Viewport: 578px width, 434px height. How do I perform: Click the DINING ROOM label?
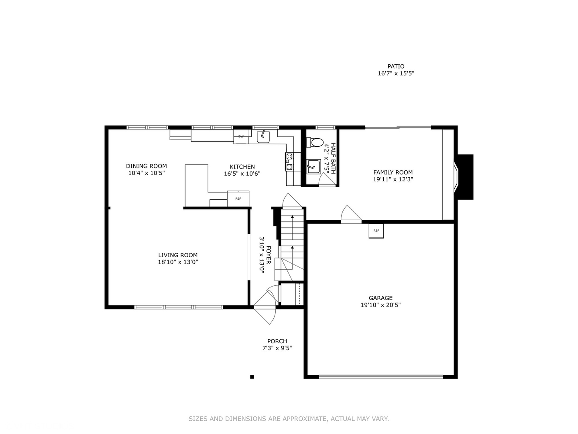click(x=146, y=166)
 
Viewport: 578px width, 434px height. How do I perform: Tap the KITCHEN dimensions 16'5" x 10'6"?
click(x=242, y=174)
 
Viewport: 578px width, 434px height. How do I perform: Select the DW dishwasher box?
click(x=241, y=137)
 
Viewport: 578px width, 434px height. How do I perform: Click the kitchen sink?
click(x=263, y=137)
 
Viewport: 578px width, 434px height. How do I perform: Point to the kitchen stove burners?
click(x=289, y=161)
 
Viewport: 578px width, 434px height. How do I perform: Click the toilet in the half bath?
click(x=315, y=142)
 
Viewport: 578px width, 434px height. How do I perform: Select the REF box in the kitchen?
click(x=238, y=199)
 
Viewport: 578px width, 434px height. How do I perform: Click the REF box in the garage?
click(x=376, y=231)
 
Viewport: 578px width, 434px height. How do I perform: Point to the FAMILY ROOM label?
click(x=393, y=172)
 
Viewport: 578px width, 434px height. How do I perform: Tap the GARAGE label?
click(x=381, y=298)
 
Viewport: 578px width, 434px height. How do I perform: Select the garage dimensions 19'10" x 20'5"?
click(x=381, y=305)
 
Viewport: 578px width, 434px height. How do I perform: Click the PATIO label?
click(x=396, y=66)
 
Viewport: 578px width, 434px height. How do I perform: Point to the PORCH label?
click(x=277, y=341)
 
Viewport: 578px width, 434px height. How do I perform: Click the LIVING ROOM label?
click(x=178, y=255)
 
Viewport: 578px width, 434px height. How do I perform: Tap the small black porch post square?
click(x=252, y=377)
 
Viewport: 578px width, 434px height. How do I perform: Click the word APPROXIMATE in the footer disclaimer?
click(x=305, y=419)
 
